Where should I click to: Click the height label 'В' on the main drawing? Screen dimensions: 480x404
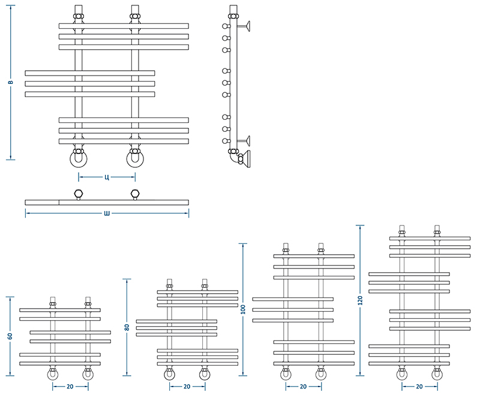point(10,82)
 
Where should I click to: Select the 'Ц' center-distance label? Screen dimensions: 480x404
point(107,177)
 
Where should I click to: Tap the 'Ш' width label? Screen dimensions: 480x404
point(107,213)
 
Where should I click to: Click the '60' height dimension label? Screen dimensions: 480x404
point(10,336)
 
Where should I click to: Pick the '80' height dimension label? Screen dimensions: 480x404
point(127,327)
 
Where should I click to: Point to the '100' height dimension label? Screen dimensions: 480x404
point(243,309)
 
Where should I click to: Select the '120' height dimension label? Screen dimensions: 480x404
point(360,300)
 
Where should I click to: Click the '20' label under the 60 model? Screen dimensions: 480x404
point(70,387)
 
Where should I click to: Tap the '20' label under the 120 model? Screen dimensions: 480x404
point(419,387)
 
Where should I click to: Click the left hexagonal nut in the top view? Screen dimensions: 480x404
point(79,194)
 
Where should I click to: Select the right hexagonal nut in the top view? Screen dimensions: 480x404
point(135,194)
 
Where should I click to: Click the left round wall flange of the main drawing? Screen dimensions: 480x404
point(79,159)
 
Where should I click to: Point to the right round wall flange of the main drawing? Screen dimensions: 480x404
point(135,159)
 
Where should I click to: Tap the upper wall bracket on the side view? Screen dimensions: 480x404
point(244,26)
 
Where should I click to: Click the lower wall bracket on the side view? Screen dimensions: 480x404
point(244,141)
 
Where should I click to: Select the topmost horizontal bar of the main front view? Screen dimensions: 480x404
point(124,26)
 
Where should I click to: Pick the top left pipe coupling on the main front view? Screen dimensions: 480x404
point(79,17)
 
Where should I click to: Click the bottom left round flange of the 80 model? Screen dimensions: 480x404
point(170,375)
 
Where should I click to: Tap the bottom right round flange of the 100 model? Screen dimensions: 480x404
point(321,375)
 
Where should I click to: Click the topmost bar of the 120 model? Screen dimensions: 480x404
point(430,238)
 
